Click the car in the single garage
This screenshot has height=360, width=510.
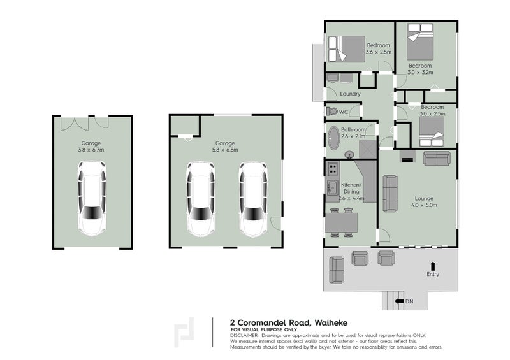92,198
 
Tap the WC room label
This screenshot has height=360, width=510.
344,112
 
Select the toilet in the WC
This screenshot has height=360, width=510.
331,112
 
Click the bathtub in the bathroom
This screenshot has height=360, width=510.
333,138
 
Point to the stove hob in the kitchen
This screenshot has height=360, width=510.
332,168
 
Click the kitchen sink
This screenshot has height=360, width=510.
332,187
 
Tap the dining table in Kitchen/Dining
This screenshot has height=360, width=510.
341,223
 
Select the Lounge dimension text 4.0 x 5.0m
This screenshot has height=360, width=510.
424,205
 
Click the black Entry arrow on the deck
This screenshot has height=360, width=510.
433,266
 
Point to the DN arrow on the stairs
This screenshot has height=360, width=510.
399,301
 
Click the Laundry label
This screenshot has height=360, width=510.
350,94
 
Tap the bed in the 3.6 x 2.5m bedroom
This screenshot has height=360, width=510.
346,49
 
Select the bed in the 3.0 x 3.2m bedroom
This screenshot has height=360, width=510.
420,41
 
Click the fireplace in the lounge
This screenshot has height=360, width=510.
407,156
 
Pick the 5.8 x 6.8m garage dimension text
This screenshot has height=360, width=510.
225,150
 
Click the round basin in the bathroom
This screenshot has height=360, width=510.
349,155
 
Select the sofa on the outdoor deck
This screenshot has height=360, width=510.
337,270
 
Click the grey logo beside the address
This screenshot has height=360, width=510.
184,332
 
